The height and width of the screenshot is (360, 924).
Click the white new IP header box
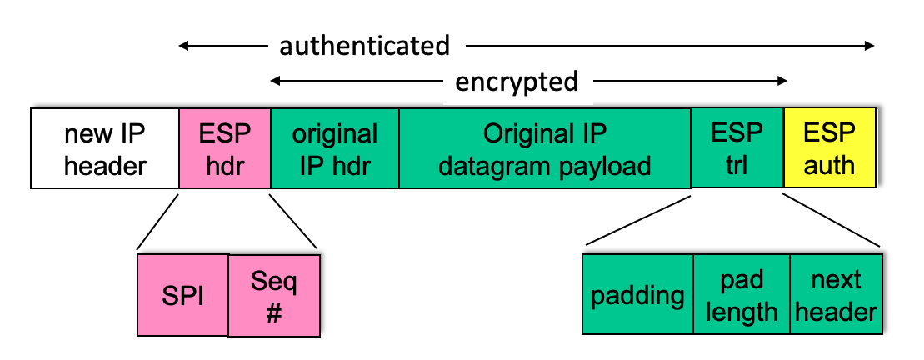pyautogui.click(x=105, y=147)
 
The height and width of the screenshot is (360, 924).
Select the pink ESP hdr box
pyautogui.click(x=224, y=147)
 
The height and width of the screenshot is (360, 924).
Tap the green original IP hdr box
pyautogui.click(x=335, y=147)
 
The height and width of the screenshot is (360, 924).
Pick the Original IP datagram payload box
pyautogui.click(x=545, y=147)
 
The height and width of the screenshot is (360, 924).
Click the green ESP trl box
pyautogui.click(x=737, y=147)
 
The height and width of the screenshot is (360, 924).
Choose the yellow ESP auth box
pyautogui.click(x=830, y=147)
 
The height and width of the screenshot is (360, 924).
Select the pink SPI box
pyautogui.click(x=182, y=295)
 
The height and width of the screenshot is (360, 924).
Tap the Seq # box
pyautogui.click(x=274, y=296)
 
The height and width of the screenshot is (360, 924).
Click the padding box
pyautogui.click(x=637, y=294)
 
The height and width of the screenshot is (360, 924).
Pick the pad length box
pyautogui.click(x=742, y=294)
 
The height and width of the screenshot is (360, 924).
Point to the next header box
pyautogui.click(x=837, y=294)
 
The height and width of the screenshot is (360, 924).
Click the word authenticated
pyautogui.click(x=364, y=46)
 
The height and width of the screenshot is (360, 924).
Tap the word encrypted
pyautogui.click(x=517, y=82)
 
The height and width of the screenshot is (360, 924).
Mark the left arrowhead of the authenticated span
pyautogui.click(x=182, y=45)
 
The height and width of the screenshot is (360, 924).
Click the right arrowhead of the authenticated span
pyautogui.click(x=871, y=45)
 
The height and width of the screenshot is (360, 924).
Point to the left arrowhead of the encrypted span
pyautogui.click(x=275, y=81)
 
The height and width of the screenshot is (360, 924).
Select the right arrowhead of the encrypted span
pyautogui.click(x=782, y=81)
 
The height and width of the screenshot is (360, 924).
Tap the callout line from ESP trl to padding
pyautogui.click(x=637, y=220)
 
